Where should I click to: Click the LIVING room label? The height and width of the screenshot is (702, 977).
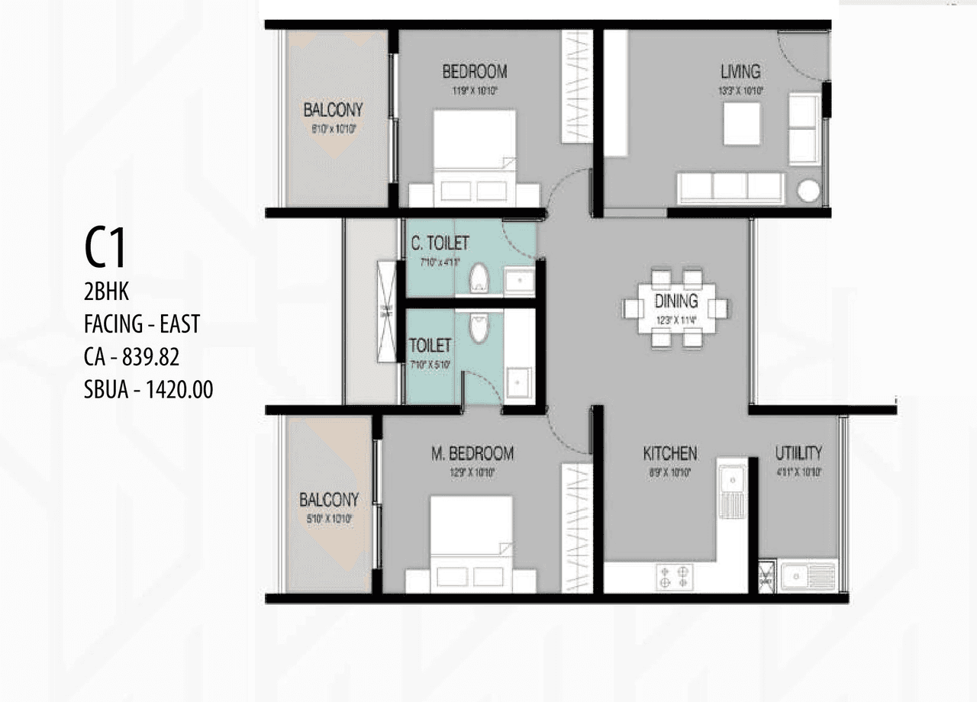coord(740,72)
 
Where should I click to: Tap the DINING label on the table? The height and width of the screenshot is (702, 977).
coord(676,301)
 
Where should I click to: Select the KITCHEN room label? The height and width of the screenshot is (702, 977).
coord(669,453)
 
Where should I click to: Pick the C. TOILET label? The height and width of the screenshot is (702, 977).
coord(440,243)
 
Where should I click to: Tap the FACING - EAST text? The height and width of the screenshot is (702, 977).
coord(141,324)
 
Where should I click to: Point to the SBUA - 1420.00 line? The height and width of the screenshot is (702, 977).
coord(148,390)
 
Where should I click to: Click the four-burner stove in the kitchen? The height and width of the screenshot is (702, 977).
coord(674,576)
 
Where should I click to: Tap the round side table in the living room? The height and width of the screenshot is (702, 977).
coord(808,191)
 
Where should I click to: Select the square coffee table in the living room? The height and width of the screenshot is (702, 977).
coord(741,123)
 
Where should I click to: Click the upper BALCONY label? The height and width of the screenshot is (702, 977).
coord(333,110)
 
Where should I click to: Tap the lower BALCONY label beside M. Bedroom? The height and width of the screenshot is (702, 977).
coord(329,501)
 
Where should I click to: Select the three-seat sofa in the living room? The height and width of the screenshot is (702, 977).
coord(730,188)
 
